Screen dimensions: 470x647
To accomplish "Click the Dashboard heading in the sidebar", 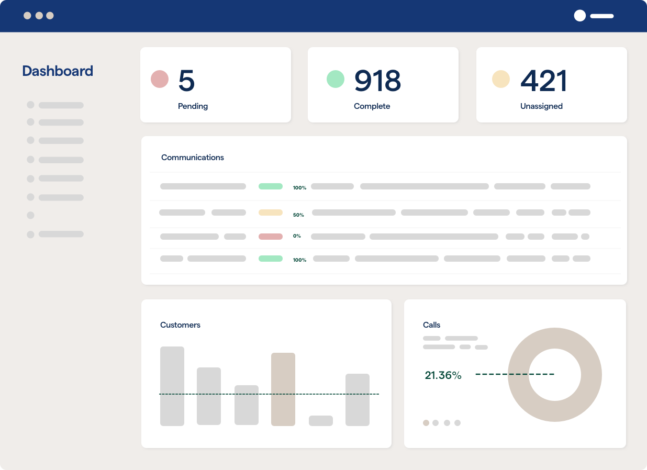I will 58,71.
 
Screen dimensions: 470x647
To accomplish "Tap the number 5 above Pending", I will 186,81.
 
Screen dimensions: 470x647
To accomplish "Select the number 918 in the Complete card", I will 377,81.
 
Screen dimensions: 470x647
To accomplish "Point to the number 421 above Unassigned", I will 544,81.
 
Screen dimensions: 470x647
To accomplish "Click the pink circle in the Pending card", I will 160,79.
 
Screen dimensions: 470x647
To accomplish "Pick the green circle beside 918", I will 336,79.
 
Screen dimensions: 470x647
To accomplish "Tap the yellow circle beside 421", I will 501,79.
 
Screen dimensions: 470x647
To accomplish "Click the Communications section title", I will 193,158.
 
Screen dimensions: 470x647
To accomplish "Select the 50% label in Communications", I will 298,215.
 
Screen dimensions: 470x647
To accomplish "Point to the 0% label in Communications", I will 297,236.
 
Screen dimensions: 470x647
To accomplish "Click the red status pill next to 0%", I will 271,237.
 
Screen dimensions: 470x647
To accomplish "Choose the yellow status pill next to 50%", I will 271,212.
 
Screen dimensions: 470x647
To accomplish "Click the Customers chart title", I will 180,325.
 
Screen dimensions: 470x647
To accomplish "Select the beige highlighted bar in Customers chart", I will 283,389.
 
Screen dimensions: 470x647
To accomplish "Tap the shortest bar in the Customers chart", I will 321,421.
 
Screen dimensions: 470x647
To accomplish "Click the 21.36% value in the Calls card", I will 443,375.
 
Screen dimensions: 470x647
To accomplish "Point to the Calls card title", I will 432,325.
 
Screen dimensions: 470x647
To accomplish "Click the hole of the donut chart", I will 555,375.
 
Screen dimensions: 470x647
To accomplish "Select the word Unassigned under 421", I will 541,106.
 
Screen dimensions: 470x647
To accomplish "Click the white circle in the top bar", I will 580,16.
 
